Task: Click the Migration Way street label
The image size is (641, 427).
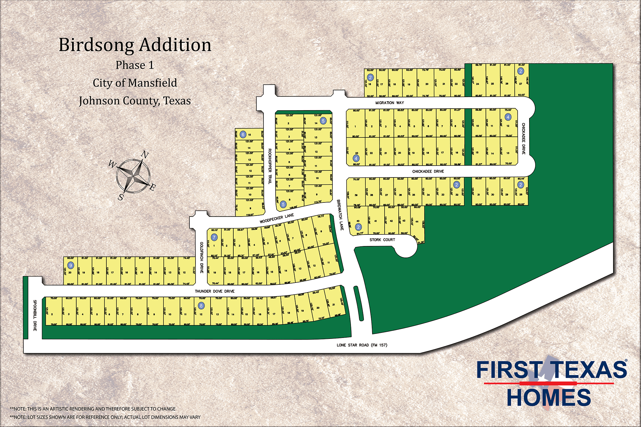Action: coord(389,103)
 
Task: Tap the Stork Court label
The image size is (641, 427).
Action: coord(382,240)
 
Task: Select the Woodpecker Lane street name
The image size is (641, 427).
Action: coord(277,218)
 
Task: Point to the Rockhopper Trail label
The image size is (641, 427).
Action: coord(270,166)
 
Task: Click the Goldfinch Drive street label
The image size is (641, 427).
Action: coord(202,258)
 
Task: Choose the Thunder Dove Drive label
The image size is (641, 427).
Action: coord(214,291)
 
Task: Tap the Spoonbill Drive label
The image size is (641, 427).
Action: coord(35,315)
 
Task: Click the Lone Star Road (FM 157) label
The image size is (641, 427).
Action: coord(362,345)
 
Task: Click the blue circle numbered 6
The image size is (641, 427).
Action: coord(243,135)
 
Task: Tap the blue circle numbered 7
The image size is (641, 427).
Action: coord(214,237)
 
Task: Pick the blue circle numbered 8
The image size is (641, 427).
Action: coord(201,306)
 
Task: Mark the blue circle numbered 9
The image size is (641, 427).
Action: coord(71,265)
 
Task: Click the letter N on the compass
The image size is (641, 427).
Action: coord(145,155)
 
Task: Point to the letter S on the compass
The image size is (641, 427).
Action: coord(121,197)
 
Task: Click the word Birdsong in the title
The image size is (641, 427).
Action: coord(96,45)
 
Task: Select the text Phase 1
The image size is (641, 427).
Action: coord(135,65)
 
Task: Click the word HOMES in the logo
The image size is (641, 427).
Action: coord(549,398)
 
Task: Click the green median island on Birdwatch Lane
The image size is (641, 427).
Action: coord(359,303)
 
